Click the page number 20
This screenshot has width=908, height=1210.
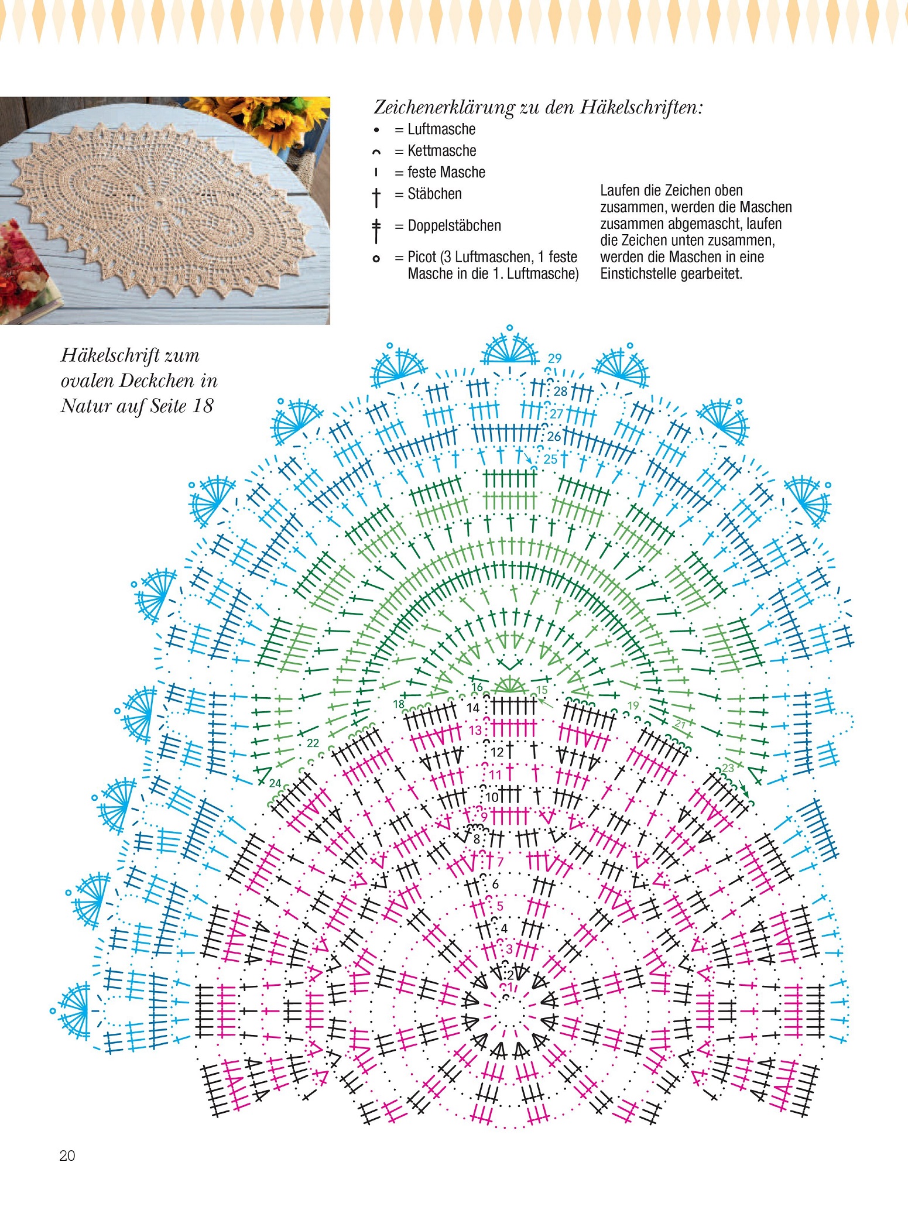pos(67,1155)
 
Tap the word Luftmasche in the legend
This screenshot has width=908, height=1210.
pos(441,129)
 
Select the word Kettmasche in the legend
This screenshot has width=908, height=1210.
pos(442,151)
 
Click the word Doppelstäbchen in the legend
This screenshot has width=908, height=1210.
pos(454,226)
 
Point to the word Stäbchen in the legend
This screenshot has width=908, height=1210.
pos(434,194)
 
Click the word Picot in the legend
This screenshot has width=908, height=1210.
pos(422,257)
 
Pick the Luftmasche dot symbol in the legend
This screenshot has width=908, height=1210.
pos(376,130)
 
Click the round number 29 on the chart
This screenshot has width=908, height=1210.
pos(554,358)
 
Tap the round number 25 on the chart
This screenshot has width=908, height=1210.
pos(550,459)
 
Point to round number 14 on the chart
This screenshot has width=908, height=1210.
pos(473,708)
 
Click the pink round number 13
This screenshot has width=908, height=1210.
pos(475,730)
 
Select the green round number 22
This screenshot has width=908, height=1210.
pos(313,743)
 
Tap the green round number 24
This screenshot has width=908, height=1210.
pos(275,783)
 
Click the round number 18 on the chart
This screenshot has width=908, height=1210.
pos(399,704)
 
